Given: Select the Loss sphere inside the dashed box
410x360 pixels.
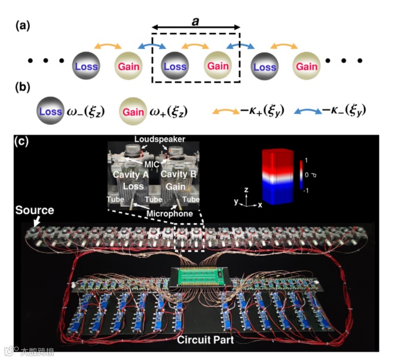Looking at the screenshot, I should point(175,66).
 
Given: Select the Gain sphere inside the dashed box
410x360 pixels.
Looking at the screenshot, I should point(218,66).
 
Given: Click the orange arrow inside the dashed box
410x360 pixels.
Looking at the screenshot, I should point(196,45).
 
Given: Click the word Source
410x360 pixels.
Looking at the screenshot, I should point(34,210).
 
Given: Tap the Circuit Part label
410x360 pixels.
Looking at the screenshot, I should point(203,341).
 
